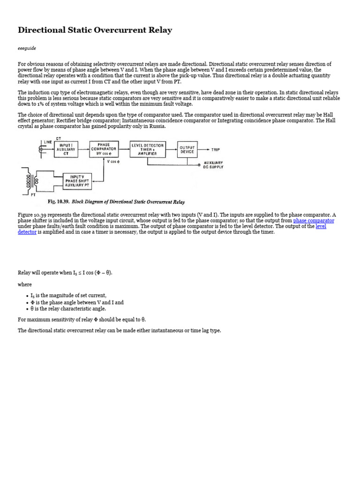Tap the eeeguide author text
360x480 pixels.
pyautogui.click(x=27, y=48)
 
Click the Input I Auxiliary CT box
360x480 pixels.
pyautogui.click(x=66, y=150)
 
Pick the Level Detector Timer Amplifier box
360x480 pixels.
pyautogui.click(x=147, y=150)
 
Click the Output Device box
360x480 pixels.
pyautogui.click(x=187, y=150)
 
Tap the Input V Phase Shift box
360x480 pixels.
pyautogui.click(x=77, y=180)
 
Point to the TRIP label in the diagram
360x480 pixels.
pyautogui.click(x=215, y=150)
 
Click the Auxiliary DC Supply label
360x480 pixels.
pyautogui.click(x=213, y=165)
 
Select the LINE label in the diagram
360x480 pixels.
pyautogui.click(x=48, y=142)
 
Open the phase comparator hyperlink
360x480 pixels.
pyautogui.click(x=314, y=220)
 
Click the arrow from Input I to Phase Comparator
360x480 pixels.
pyautogui.click(x=84, y=150)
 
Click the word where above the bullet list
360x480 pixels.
pyautogui.click(x=25, y=285)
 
